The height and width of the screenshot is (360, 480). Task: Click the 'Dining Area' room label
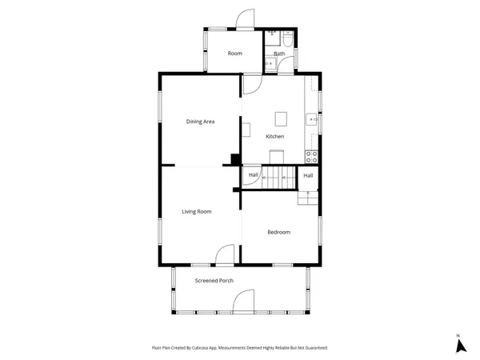point(200,122)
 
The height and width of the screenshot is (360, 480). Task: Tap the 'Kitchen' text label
point(275,136)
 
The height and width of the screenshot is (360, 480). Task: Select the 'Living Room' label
point(196,211)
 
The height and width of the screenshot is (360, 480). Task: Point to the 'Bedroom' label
point(278,232)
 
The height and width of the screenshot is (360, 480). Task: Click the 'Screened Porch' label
point(214,281)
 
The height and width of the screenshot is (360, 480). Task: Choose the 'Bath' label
point(279,54)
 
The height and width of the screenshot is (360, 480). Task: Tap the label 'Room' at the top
point(234,54)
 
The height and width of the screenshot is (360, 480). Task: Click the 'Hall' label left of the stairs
point(253,174)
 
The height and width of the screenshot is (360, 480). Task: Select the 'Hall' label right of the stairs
point(308,174)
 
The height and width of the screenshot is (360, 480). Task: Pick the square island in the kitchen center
point(280,118)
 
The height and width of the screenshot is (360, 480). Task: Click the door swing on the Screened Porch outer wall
point(243,302)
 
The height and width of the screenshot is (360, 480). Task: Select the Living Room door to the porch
point(223,255)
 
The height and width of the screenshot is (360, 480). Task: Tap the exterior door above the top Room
point(245,20)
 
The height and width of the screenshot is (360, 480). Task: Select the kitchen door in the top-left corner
point(252,83)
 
